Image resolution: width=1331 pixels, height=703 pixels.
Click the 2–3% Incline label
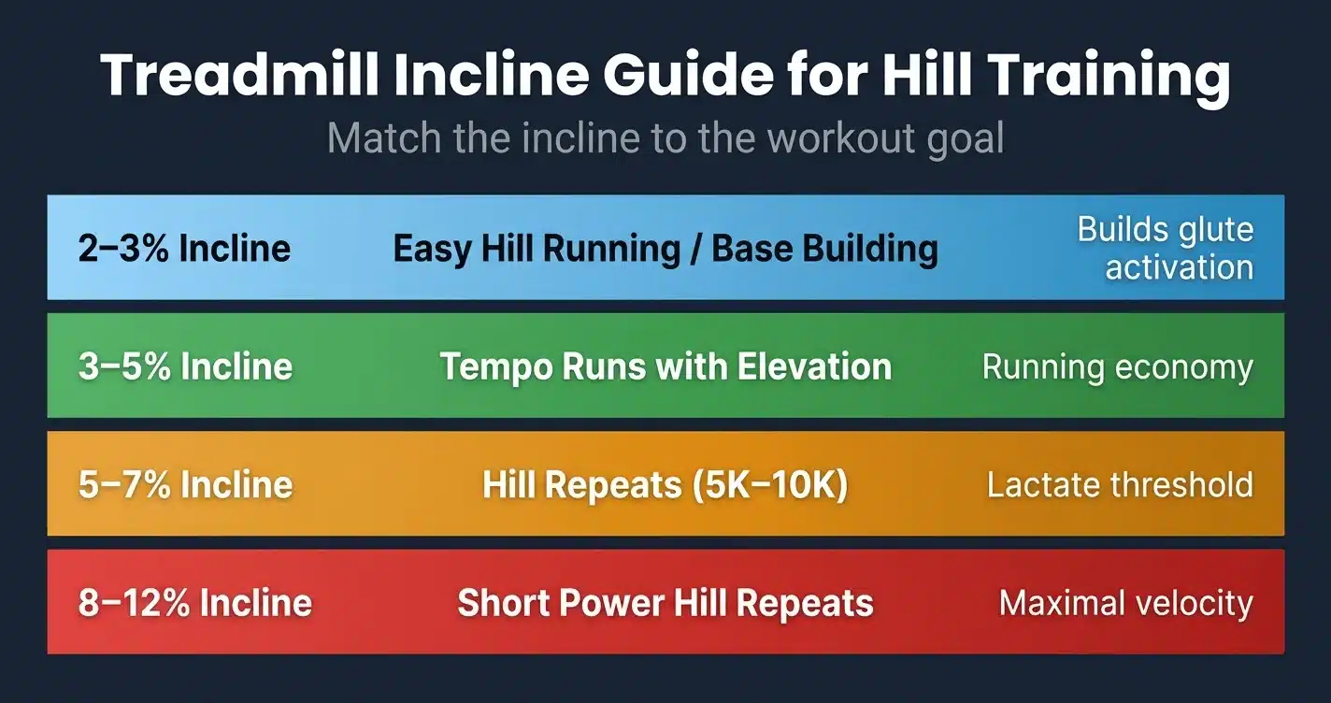pyautogui.click(x=184, y=249)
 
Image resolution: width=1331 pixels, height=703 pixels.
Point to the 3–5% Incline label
pyautogui.click(x=185, y=366)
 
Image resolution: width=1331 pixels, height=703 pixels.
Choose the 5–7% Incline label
pyautogui.click(x=185, y=484)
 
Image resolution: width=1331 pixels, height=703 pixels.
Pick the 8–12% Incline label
pyautogui.click(x=194, y=602)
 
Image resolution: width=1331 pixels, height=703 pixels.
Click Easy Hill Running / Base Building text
pyautogui.click(x=665, y=249)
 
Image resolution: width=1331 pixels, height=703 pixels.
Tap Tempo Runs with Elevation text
pyautogui.click(x=665, y=366)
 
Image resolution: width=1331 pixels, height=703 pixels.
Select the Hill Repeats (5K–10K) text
pyautogui.click(x=665, y=485)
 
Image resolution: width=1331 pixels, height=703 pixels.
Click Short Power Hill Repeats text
pyautogui.click(x=665, y=603)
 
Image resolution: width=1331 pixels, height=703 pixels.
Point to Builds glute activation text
pyautogui.click(x=1165, y=249)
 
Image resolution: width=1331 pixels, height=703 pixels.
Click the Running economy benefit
pyautogui.click(x=1117, y=367)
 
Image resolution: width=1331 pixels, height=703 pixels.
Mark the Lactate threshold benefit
pyautogui.click(x=1120, y=485)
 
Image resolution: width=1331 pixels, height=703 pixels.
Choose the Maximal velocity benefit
pyautogui.click(x=1125, y=603)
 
